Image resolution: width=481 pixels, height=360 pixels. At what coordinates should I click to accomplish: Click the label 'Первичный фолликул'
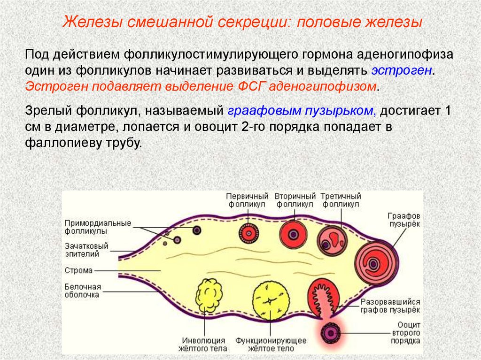click(247, 200)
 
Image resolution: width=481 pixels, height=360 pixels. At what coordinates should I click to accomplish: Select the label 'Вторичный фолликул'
click(295, 200)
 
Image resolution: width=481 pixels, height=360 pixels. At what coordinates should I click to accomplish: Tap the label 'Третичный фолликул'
click(341, 200)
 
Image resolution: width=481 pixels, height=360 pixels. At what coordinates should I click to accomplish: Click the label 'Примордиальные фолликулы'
click(98, 227)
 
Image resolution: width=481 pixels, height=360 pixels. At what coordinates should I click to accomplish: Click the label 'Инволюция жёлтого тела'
click(203, 344)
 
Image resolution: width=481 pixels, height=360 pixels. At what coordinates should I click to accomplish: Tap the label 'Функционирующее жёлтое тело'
click(271, 344)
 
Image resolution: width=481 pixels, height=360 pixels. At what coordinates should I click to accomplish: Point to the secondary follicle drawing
click(294, 233)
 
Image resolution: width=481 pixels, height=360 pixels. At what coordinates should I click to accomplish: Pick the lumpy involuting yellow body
click(209, 295)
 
